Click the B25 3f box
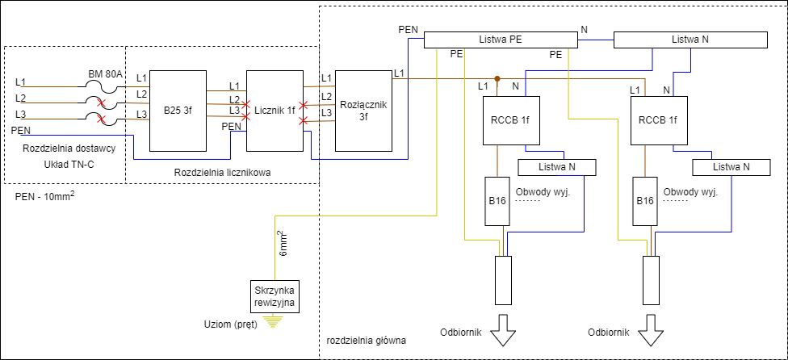pos(178,111)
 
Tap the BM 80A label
pos(105,74)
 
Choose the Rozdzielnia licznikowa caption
pos(221,173)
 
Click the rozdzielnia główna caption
pos(366,341)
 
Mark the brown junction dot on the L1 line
pos(497,79)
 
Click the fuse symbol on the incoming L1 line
pos(101,86)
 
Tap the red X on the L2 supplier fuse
pos(101,104)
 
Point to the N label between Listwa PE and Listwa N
pos(585,30)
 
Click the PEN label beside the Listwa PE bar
pos(409,29)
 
